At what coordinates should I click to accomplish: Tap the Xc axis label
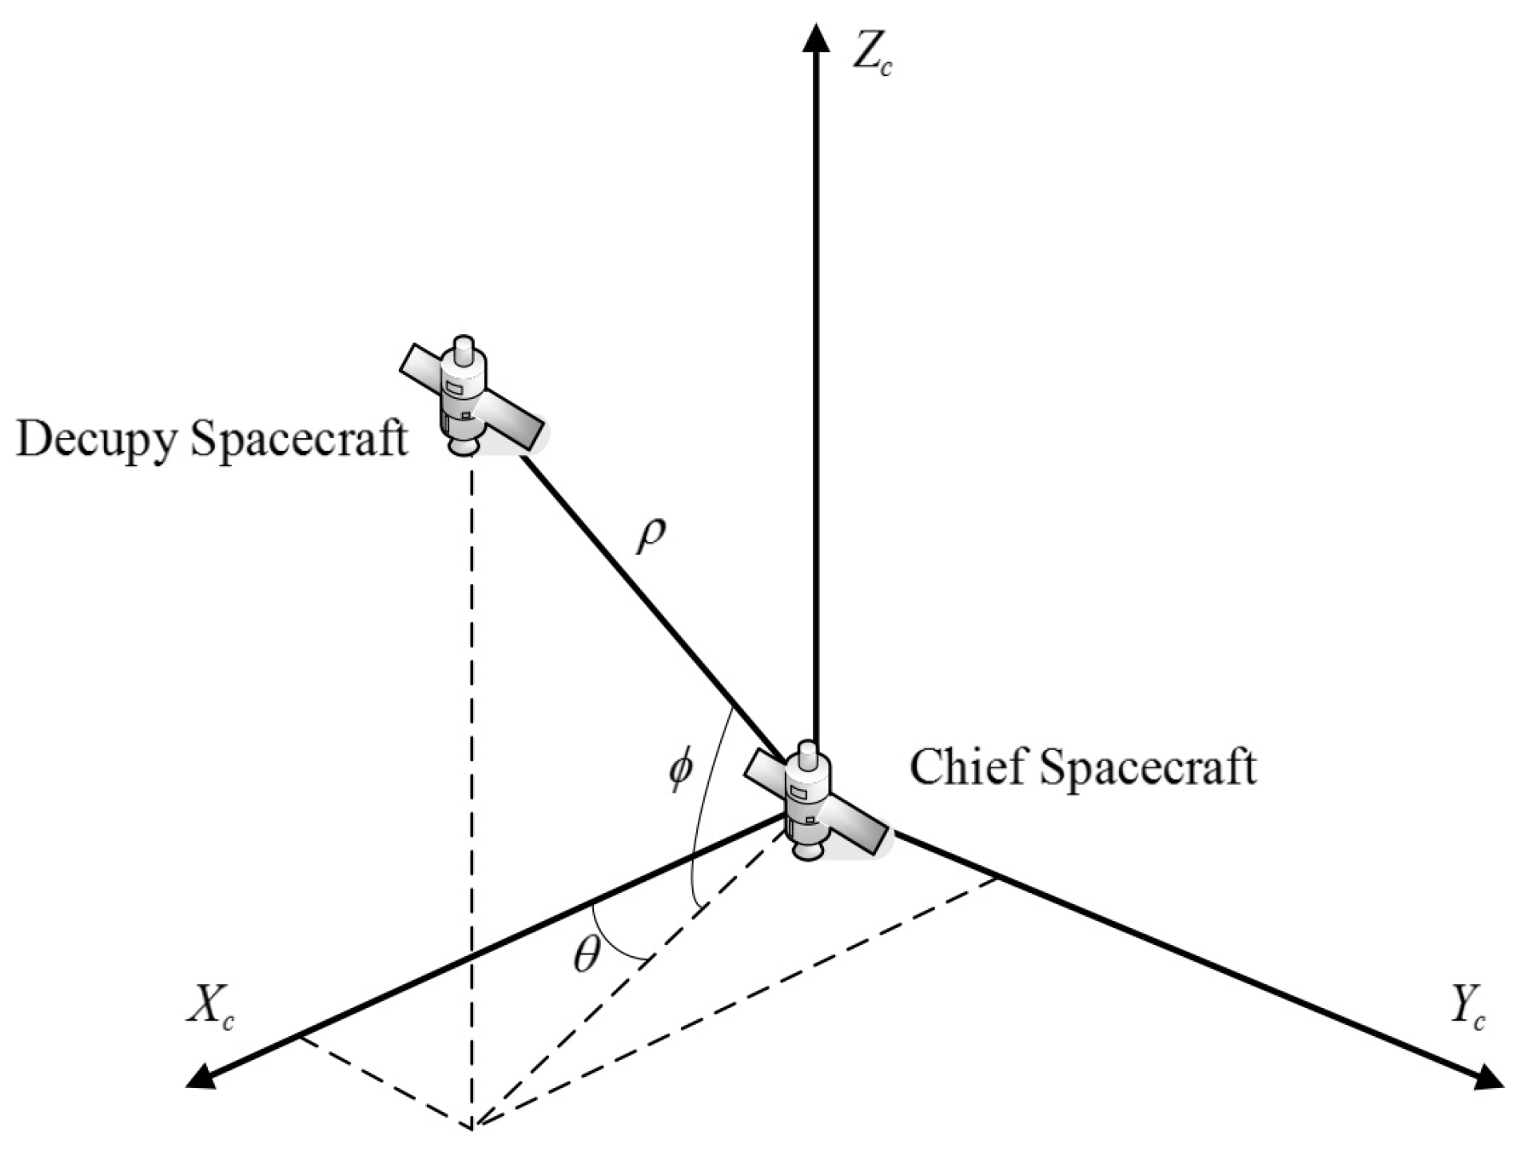point(210,1010)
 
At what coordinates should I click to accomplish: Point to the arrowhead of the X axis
point(200,1079)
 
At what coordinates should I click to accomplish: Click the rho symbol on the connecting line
point(650,537)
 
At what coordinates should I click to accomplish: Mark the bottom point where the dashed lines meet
point(472,1127)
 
